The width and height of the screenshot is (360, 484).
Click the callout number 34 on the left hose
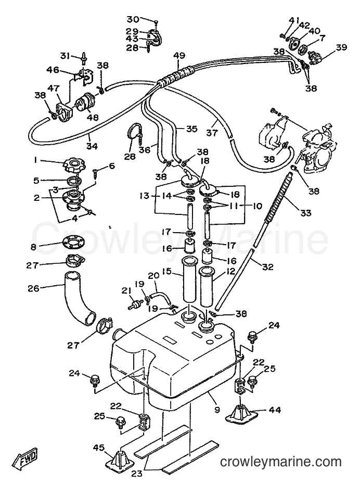pyautogui.click(x=92, y=146)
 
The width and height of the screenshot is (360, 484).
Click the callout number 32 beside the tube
pyautogui.click(x=267, y=267)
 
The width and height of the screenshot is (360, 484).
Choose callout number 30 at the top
pyautogui.click(x=133, y=20)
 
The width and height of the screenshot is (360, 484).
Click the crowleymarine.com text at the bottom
pyautogui.click(x=281, y=462)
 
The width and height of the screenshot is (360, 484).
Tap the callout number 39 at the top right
pyautogui.click(x=341, y=48)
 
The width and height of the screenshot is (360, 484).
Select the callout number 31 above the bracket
pyautogui.click(x=65, y=56)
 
